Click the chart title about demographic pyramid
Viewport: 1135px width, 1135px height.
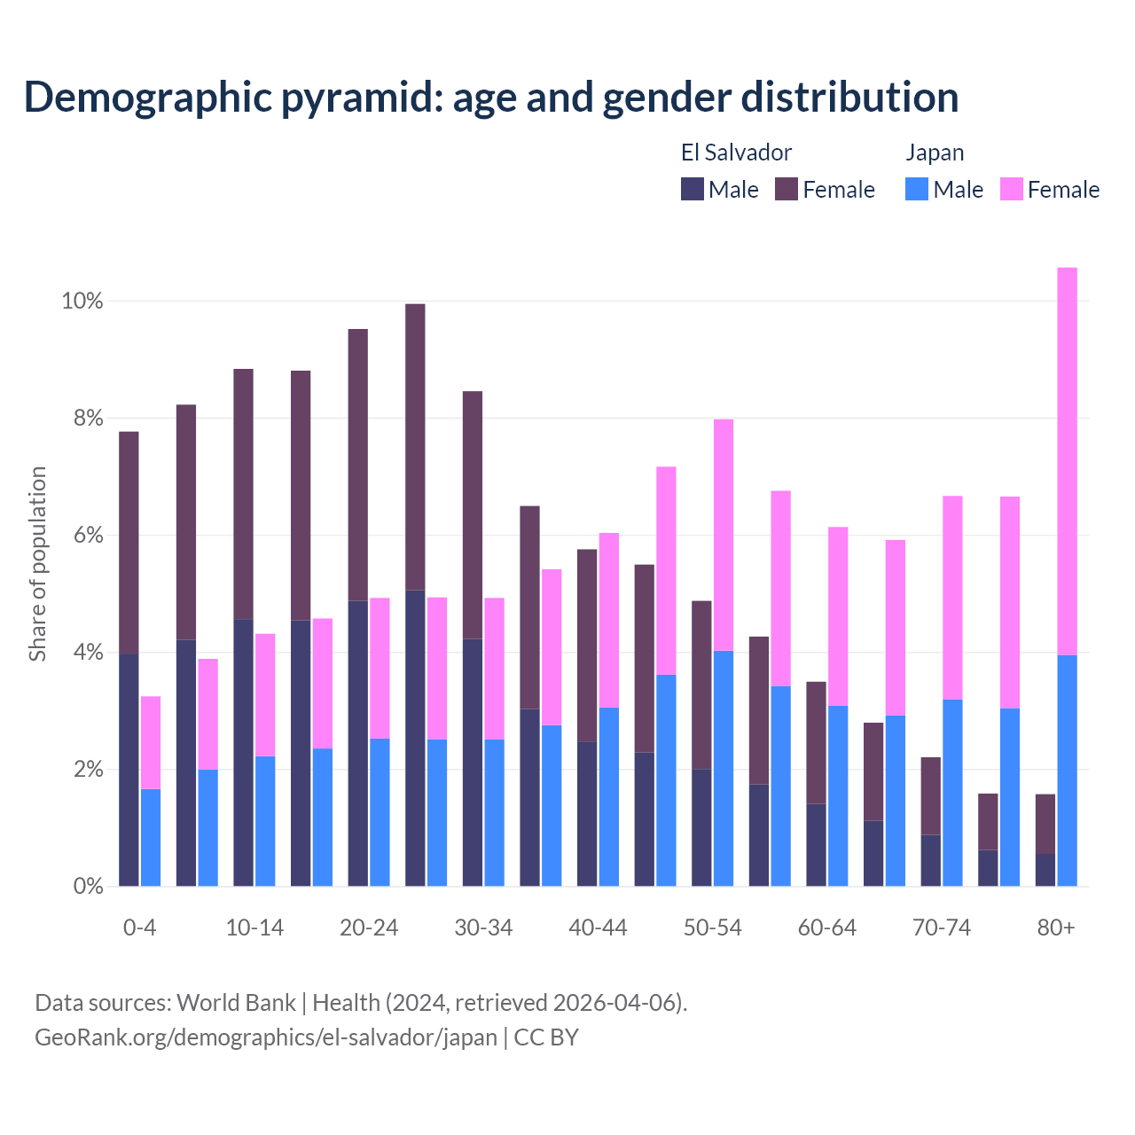point(491,97)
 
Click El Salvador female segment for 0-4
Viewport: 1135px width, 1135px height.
point(129,543)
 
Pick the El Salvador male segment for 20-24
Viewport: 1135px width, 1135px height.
point(358,743)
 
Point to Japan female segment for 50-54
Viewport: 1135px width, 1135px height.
point(724,535)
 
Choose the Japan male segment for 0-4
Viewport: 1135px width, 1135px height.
point(151,837)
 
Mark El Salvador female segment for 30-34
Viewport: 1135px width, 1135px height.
point(473,514)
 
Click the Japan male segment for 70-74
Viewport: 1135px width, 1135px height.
point(952,793)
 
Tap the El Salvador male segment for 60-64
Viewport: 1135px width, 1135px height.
point(816,844)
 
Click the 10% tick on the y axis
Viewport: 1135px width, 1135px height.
point(82,301)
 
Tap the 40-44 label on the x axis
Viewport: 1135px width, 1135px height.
point(598,928)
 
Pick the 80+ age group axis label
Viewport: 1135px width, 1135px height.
point(1056,928)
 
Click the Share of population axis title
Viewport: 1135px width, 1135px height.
point(37,564)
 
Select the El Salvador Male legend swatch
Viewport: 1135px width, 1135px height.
point(693,189)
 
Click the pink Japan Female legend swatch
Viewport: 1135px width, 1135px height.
point(1011,189)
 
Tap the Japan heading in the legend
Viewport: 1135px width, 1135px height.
point(935,153)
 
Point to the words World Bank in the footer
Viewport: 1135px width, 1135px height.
point(236,1003)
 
